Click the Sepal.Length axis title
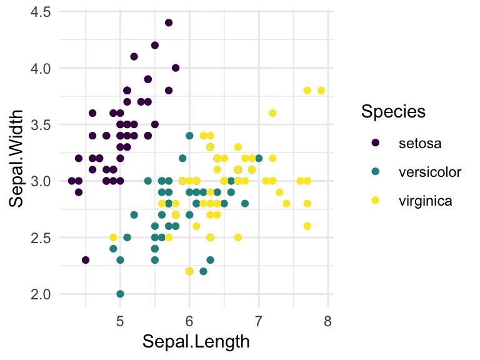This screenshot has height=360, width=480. tap(196, 342)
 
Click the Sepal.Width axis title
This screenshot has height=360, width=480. tap(17, 159)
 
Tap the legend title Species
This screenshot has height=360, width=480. tap(393, 112)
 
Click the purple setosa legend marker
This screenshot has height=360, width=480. tap(376, 142)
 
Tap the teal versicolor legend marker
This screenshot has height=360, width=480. tap(376, 172)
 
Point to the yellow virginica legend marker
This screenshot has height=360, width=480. tap(376, 201)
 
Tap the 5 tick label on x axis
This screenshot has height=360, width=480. tap(120, 322)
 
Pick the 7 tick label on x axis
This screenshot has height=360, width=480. tap(258, 322)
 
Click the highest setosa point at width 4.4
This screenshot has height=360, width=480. tap(169, 22)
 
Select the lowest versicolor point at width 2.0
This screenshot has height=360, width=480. tap(120, 294)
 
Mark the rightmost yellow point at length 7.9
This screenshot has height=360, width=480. tap(321, 91)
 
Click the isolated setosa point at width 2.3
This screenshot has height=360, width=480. tap(86, 260)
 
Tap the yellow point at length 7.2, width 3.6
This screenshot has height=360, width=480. tap(272, 113)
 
